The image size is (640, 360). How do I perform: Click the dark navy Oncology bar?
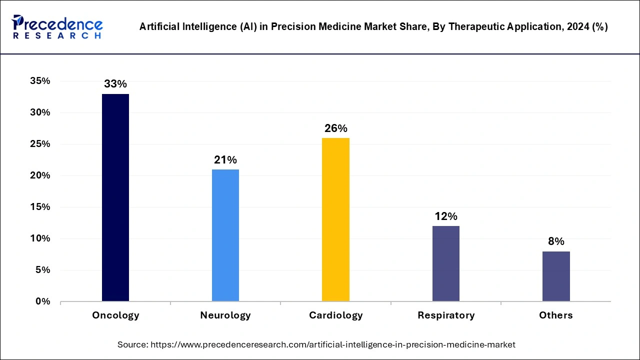(115, 197)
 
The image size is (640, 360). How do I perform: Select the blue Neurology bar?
(225, 235)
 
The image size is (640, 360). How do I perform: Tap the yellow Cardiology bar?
(336, 219)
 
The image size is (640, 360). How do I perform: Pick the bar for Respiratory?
(446, 263)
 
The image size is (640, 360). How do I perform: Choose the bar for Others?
(556, 276)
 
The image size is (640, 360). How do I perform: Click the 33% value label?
(115, 84)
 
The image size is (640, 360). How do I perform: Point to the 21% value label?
(225, 160)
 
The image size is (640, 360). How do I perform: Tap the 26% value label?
(336, 128)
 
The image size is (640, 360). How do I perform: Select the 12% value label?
(446, 216)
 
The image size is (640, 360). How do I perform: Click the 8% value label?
(556, 241)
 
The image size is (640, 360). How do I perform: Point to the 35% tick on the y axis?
(40, 81)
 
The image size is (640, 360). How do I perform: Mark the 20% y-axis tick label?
(40, 175)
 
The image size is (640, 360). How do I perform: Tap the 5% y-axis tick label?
(42, 270)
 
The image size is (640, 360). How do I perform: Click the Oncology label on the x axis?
(115, 315)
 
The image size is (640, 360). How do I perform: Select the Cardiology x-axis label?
(336, 315)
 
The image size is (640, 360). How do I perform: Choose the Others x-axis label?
(556, 315)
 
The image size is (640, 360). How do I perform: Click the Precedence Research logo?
(57, 27)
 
